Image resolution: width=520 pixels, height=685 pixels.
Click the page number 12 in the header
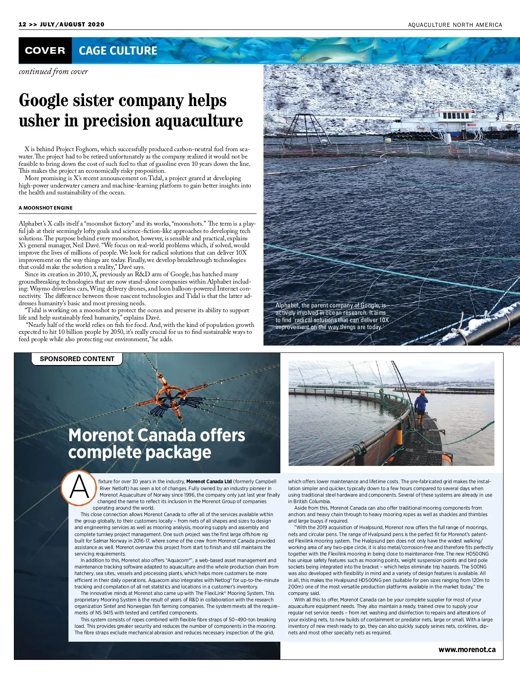pyautogui.click(x=23, y=24)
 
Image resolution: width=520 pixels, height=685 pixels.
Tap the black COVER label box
pyautogui.click(x=45, y=51)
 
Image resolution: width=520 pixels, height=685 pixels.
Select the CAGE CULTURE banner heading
pyautogui.click(x=118, y=51)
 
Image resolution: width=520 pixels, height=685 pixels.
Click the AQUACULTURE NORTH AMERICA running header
pyautogui.click(x=455, y=25)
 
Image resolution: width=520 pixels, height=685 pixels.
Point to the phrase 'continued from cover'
pyautogui.click(x=53, y=71)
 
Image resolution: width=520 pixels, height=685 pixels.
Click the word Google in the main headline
pyautogui.click(x=44, y=100)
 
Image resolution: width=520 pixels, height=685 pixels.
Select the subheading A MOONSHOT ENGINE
pyautogui.click(x=45, y=208)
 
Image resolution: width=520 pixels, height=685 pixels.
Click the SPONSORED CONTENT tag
pyautogui.click(x=77, y=359)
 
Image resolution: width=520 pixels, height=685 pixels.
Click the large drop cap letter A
pyautogui.click(x=78, y=488)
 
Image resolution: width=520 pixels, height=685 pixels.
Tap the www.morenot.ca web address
pyautogui.click(x=467, y=649)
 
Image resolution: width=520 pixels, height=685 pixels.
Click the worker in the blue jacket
pyautogui.click(x=421, y=405)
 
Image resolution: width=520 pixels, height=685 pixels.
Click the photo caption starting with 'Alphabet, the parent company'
pyautogui.click(x=332, y=317)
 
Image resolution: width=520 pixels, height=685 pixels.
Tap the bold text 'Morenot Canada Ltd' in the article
pyautogui.click(x=209, y=481)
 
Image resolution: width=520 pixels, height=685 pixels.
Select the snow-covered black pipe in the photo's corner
pyautogui.click(x=490, y=325)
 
